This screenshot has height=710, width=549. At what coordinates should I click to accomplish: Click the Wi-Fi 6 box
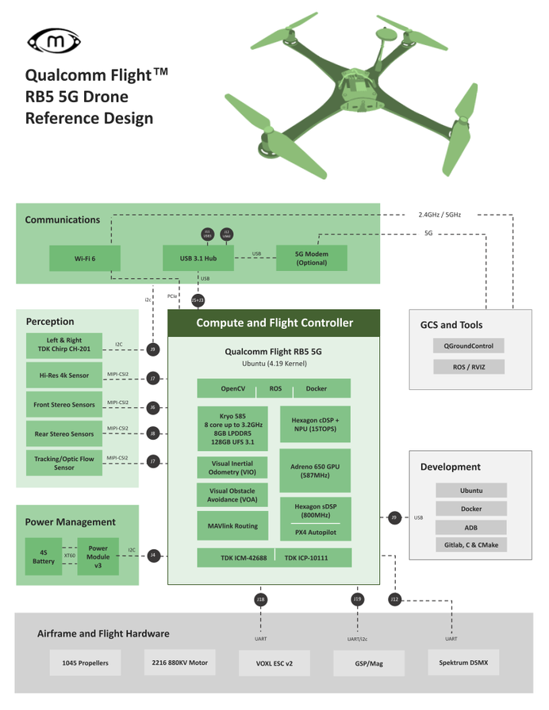tap(85, 258)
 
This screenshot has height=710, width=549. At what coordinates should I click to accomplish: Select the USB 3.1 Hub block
tap(198, 258)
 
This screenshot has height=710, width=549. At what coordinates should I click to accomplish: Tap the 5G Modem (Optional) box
tap(311, 258)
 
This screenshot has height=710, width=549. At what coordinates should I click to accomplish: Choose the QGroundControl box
tap(468, 346)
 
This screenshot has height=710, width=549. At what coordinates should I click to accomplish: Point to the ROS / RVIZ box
tap(468, 367)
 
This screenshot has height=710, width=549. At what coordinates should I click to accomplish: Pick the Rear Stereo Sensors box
tap(63, 433)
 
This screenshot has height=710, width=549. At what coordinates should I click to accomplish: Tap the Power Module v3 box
tap(98, 556)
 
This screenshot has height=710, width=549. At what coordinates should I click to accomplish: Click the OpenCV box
tap(232, 389)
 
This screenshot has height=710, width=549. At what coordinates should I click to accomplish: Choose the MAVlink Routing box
tap(232, 525)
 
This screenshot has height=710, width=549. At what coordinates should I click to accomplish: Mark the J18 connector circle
tap(260, 600)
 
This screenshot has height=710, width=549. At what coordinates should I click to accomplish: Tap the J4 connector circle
tap(153, 555)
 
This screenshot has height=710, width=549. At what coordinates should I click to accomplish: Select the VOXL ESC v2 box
tap(274, 663)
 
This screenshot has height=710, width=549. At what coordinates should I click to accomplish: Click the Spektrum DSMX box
tap(463, 662)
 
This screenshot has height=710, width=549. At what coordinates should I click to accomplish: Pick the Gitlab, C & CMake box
tap(471, 545)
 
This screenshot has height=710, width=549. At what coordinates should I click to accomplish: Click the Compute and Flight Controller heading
tap(274, 323)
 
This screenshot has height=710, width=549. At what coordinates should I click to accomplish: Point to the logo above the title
tap(53, 39)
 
